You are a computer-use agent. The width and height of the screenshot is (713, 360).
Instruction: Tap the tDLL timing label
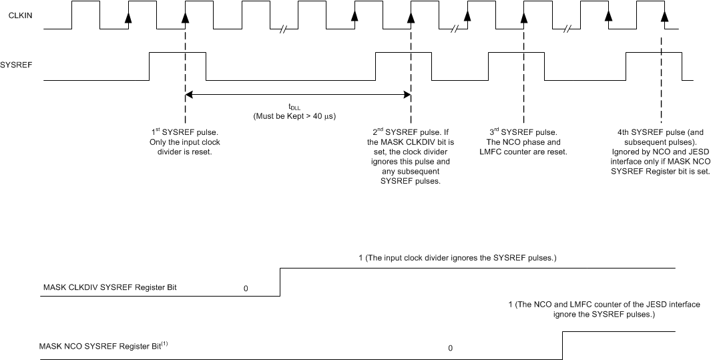click(294, 107)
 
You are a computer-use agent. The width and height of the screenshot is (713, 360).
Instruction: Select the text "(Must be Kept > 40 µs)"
click(294, 116)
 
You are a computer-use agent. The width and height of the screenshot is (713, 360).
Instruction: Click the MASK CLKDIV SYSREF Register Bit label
click(110, 288)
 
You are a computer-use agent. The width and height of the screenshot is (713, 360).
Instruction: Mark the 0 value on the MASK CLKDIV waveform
click(245, 289)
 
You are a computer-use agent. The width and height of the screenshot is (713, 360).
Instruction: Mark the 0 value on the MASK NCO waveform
click(450, 348)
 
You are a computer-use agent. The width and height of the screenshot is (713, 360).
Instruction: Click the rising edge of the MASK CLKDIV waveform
click(280, 282)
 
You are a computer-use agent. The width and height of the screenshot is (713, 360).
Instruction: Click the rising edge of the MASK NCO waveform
click(563, 345)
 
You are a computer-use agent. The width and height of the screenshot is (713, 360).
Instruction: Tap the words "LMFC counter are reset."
click(524, 152)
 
